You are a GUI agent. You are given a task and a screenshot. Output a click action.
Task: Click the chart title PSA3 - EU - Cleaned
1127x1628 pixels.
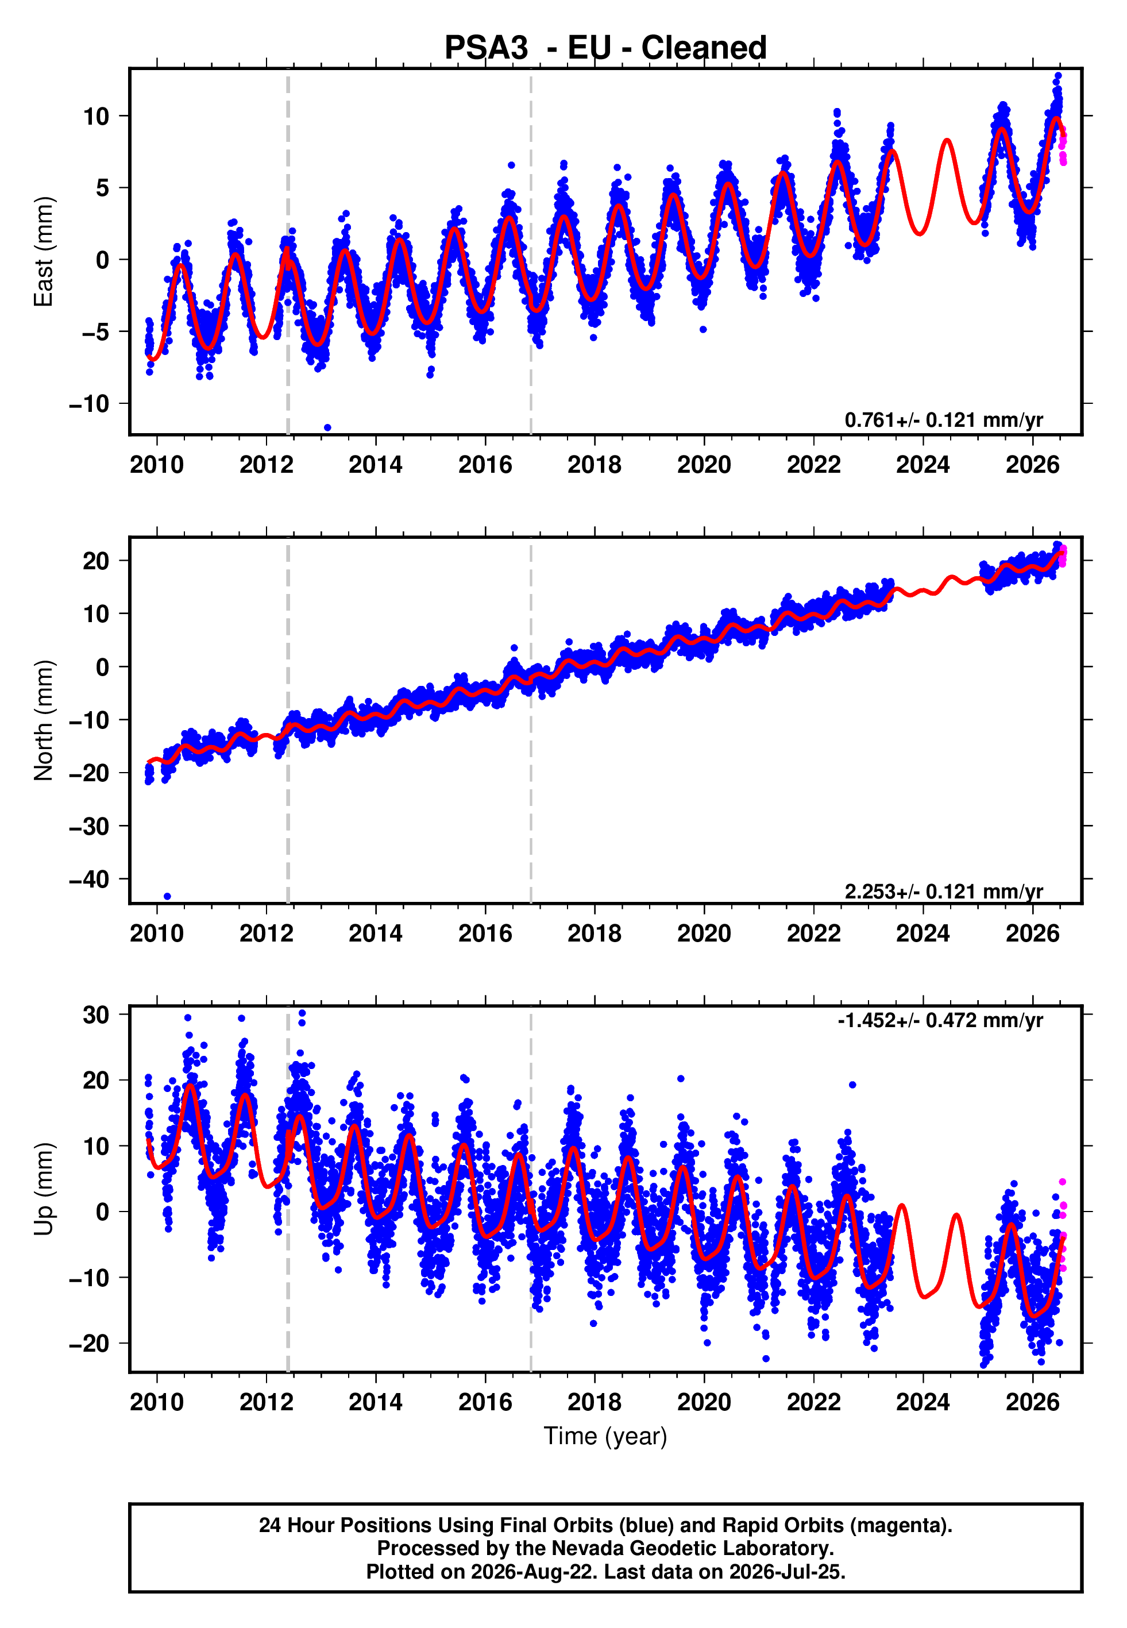(x=605, y=48)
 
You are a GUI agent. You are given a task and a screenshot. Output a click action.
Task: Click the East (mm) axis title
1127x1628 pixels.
(x=44, y=252)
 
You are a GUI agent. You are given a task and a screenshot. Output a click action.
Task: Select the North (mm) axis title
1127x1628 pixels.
(x=44, y=720)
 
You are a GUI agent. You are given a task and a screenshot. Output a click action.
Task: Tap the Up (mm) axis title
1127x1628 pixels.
(x=44, y=1189)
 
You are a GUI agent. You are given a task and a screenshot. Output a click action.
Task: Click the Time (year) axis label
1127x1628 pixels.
(x=605, y=1437)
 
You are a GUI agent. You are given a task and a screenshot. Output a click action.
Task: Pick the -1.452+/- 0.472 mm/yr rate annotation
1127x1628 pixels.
(x=940, y=1020)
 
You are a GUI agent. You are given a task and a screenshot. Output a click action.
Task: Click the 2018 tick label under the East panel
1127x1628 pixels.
(x=595, y=465)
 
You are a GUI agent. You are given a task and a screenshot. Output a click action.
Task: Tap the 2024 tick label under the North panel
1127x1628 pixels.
(x=923, y=933)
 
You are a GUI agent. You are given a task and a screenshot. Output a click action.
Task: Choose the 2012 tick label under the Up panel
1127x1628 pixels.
(x=266, y=1402)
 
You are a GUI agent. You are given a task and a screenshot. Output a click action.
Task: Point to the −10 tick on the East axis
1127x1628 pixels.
(x=89, y=404)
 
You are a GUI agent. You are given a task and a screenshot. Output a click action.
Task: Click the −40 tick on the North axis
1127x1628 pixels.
(x=89, y=879)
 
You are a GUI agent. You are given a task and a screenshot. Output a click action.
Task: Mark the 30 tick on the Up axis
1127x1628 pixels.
(x=96, y=1014)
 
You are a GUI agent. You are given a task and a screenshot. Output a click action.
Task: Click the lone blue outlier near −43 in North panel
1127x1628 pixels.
(x=167, y=897)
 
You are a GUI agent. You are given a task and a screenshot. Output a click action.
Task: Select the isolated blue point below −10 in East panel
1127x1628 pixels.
(x=327, y=428)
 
